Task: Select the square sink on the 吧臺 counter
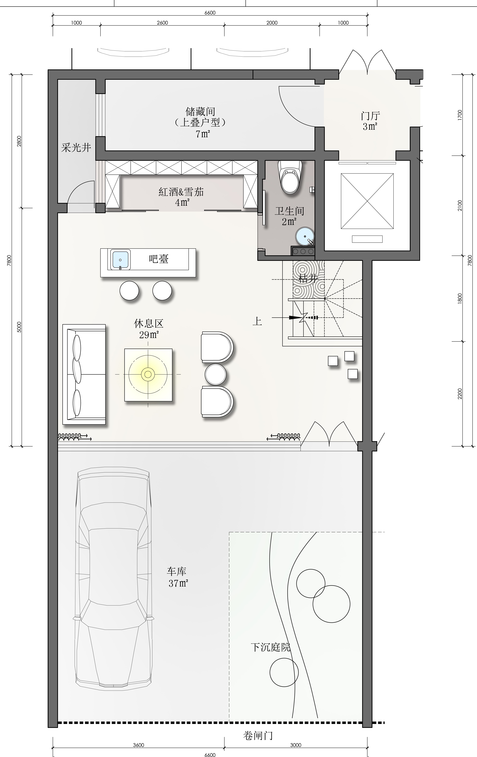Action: pos(120,260)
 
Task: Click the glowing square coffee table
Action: pos(148,374)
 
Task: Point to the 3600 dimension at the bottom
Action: pos(139,745)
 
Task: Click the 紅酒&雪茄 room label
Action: pos(181,192)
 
